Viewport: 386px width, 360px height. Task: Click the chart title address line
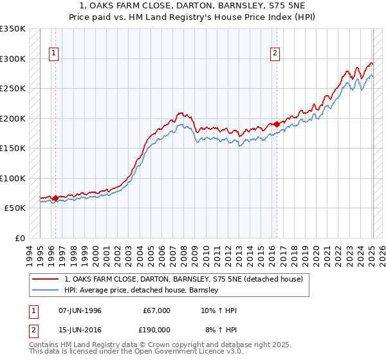[x=193, y=6]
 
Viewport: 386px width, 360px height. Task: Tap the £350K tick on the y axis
[x=13, y=29]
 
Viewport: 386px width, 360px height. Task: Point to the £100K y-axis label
[x=13, y=178]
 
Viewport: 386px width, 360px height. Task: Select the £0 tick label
[x=20, y=239]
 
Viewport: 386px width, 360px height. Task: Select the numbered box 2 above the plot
[x=275, y=53]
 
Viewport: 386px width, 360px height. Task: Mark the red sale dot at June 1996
[x=55, y=198]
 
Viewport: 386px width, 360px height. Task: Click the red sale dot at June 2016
[x=277, y=124]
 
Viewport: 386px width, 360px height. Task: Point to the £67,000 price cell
[x=155, y=310]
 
